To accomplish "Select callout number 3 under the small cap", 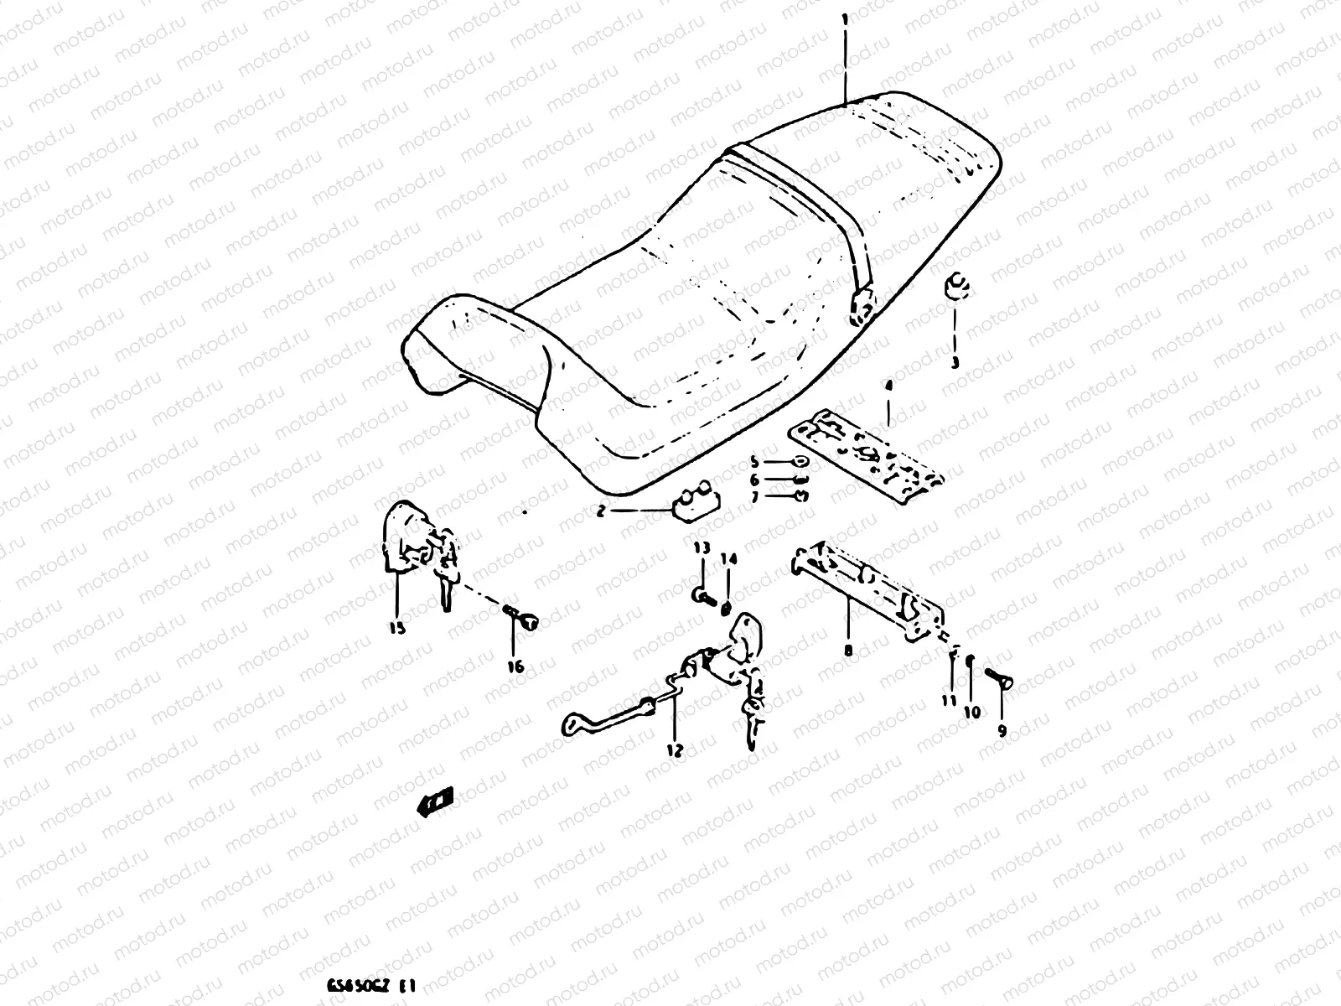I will click(954, 362).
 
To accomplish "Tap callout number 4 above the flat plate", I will click(888, 386).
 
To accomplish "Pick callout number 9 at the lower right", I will click(1002, 730).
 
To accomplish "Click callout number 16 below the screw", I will click(515, 666).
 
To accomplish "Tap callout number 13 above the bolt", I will click(701, 547).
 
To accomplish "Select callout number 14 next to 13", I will click(727, 559).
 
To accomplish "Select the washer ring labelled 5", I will click(799, 461).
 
